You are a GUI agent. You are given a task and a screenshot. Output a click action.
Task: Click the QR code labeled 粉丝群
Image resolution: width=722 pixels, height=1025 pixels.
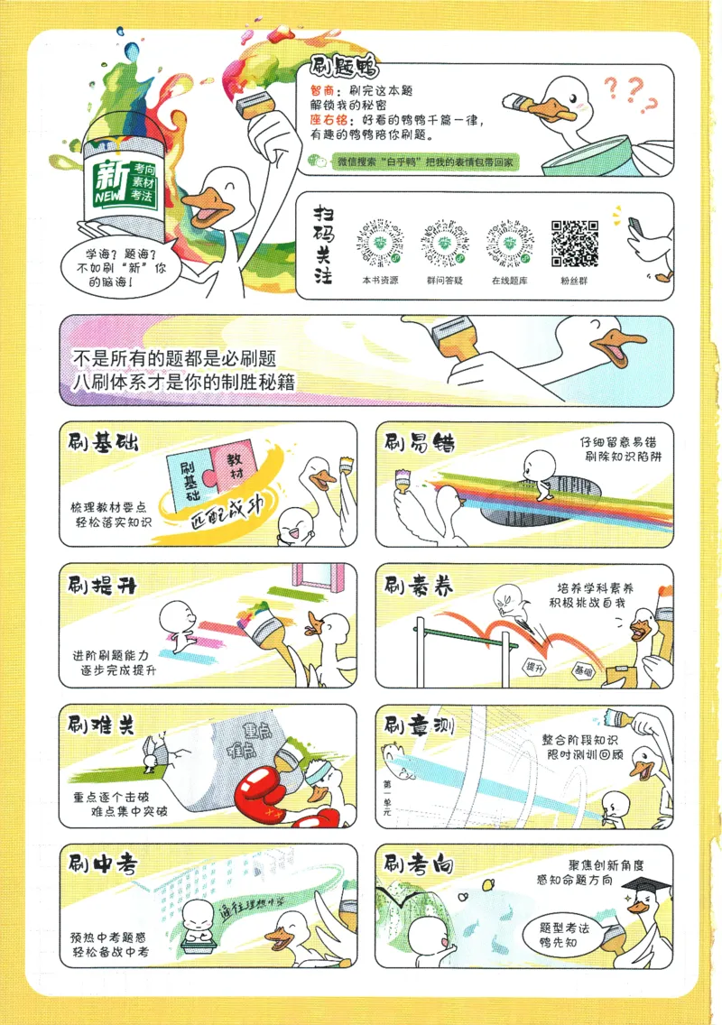click(x=575, y=244)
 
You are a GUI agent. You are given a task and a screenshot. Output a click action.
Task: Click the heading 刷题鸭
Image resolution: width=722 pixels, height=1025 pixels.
click(x=343, y=68)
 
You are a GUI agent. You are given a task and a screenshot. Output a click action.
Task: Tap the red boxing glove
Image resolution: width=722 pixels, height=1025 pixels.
click(x=264, y=785)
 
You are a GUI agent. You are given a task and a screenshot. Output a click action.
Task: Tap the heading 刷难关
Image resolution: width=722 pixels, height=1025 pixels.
click(x=101, y=724)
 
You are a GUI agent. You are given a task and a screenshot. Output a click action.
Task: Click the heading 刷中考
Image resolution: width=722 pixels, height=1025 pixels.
click(x=102, y=864)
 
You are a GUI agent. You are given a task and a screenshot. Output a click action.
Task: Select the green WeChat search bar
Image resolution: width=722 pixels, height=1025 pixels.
click(x=424, y=162)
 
